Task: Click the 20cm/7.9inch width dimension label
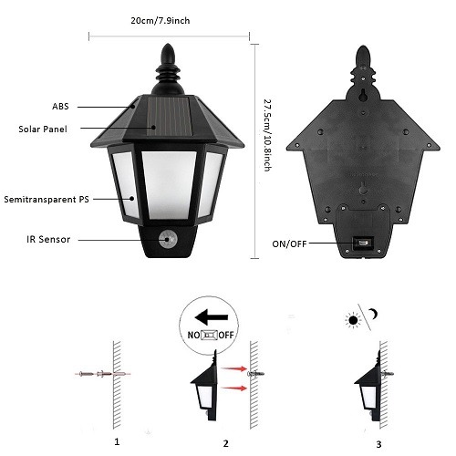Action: [x=161, y=21]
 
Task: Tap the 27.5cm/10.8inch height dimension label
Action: [x=267, y=135]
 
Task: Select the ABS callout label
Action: [x=60, y=107]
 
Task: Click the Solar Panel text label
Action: [x=43, y=130]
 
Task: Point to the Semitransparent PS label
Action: [x=47, y=200]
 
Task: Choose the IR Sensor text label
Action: [x=48, y=239]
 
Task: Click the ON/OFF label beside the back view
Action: [x=289, y=244]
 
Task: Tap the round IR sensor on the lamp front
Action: [x=166, y=239]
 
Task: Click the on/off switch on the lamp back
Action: [x=362, y=244]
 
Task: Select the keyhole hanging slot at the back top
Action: [x=363, y=95]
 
